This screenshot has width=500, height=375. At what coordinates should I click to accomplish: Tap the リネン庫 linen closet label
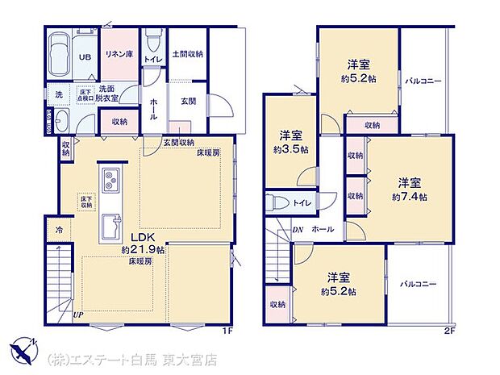[119, 54]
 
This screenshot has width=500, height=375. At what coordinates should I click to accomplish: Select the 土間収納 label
[188, 54]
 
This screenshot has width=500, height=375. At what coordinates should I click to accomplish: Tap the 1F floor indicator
[228, 330]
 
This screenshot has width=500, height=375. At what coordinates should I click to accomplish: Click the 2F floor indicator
[450, 330]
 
